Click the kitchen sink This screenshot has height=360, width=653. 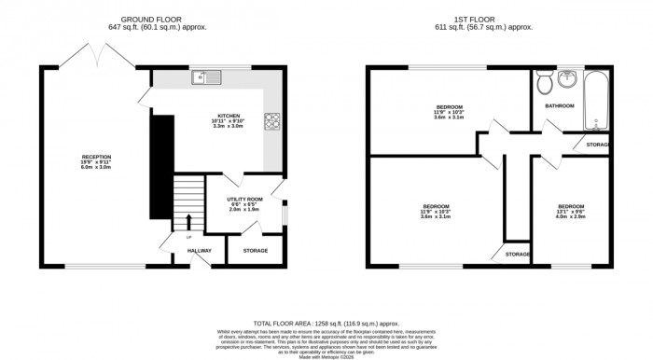click(204, 77)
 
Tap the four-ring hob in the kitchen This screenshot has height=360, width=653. click(273, 120)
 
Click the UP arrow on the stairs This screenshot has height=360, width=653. click(189, 222)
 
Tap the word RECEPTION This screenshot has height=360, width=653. click(96, 157)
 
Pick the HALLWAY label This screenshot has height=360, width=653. click(201, 250)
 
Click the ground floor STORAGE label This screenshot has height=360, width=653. click(256, 250)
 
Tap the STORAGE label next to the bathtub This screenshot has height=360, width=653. click(598, 145)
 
